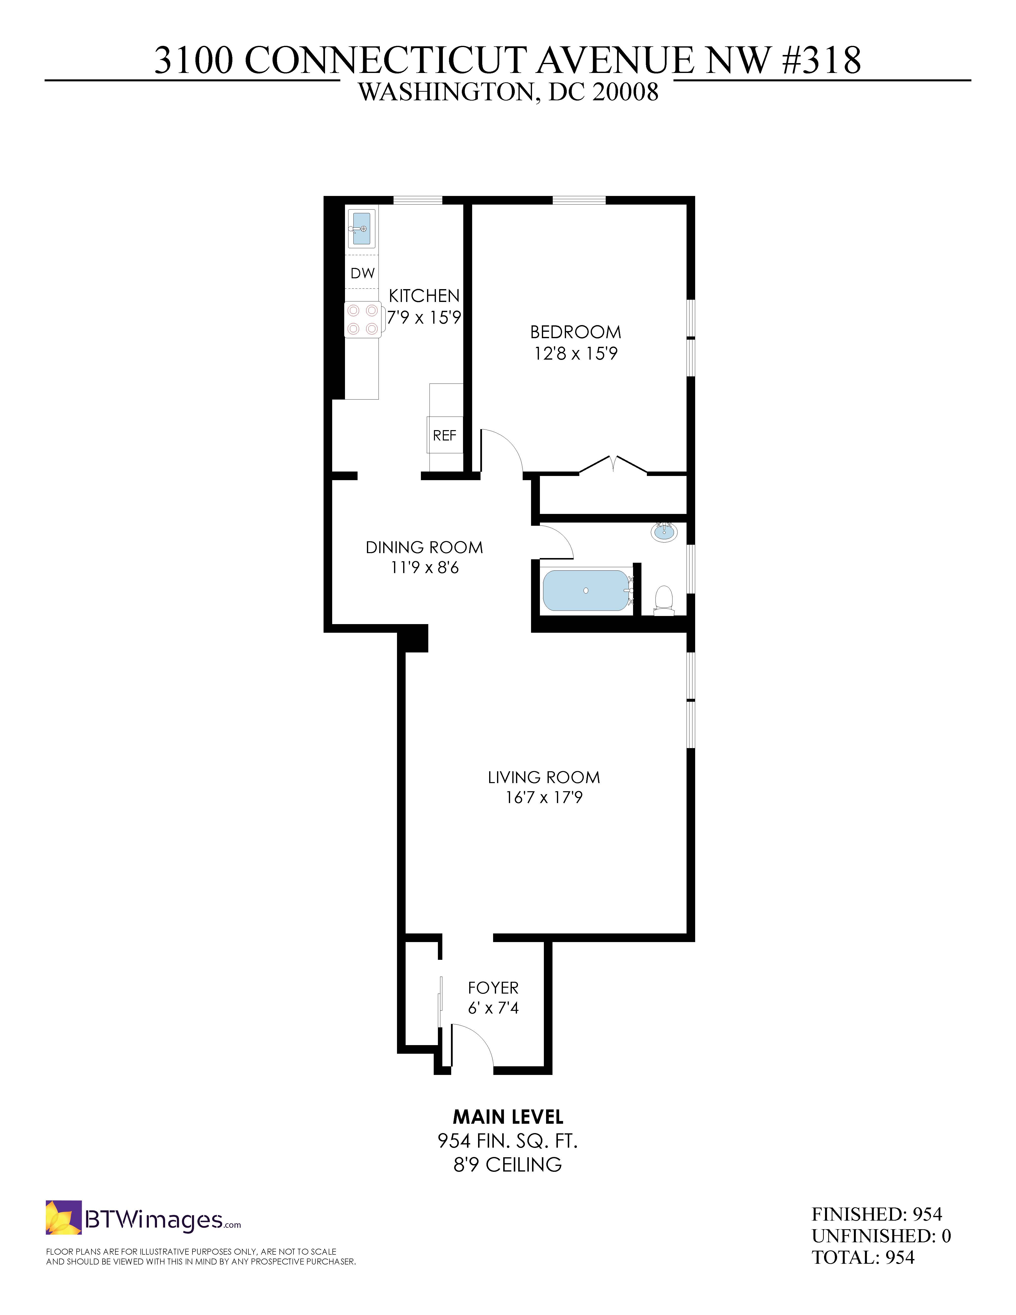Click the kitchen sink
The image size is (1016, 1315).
[x=362, y=228]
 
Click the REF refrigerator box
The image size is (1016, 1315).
[x=445, y=435]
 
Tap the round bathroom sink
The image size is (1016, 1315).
[x=665, y=532]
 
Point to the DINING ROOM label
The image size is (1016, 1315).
[x=424, y=547]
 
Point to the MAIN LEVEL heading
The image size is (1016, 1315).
[x=508, y=1117]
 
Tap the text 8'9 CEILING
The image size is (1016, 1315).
[x=508, y=1165]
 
